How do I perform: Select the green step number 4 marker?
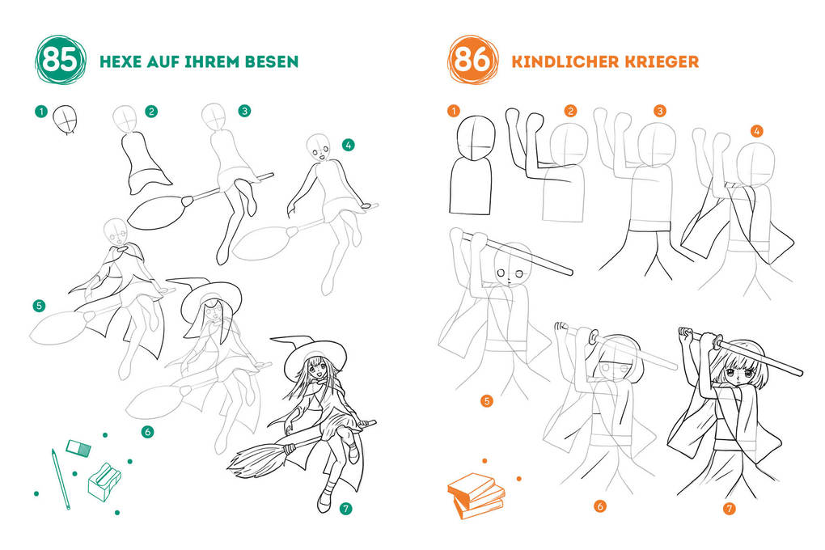click(x=348, y=146)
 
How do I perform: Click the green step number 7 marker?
click(x=345, y=509)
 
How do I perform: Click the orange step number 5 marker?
click(x=486, y=400)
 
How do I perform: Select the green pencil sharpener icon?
click(x=104, y=480)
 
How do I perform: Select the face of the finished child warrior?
click(x=739, y=376)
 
